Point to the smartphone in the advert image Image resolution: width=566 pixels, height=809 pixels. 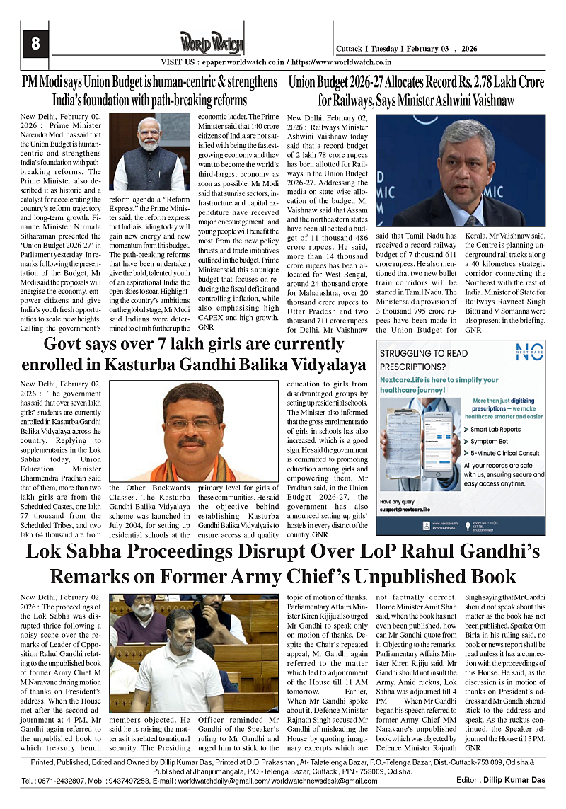coord(437,445)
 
